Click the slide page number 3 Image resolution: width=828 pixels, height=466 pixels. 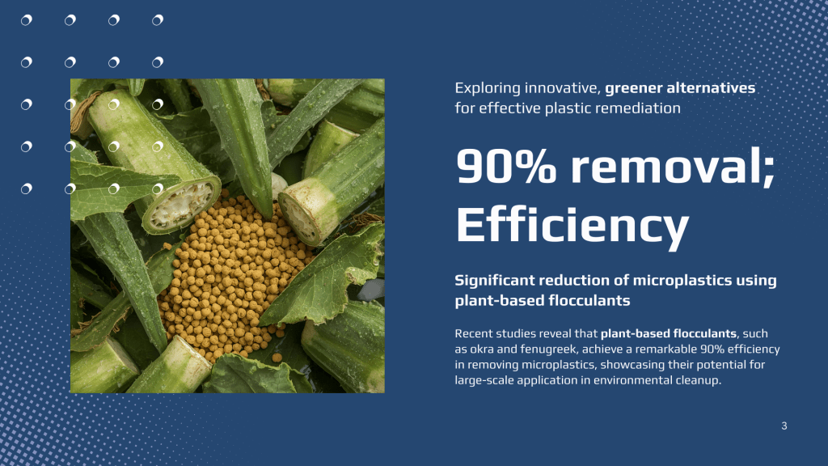784,426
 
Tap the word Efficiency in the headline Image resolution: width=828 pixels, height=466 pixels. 572,225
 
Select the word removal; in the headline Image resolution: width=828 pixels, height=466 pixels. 673,167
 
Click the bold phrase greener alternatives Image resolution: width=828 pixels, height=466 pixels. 680,87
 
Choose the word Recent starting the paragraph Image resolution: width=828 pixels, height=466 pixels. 473,334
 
